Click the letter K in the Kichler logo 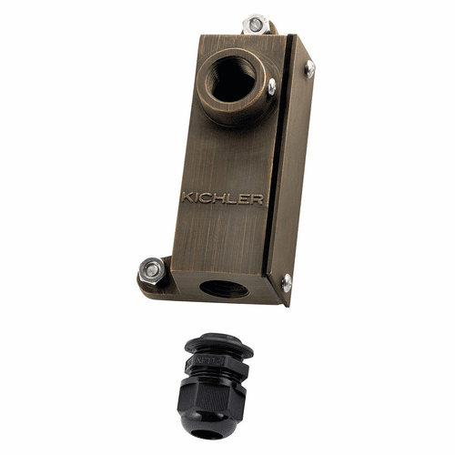[187, 197]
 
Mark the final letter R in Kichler [258, 197]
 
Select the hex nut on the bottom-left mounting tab [152, 269]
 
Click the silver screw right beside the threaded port [270, 86]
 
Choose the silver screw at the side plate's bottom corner [286, 282]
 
